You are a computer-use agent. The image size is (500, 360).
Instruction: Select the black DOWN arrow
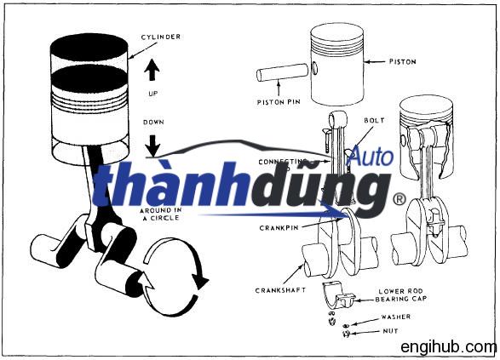tap(154, 142)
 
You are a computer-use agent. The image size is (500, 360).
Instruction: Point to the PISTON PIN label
tap(278, 103)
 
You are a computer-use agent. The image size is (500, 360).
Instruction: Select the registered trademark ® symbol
tap(398, 199)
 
